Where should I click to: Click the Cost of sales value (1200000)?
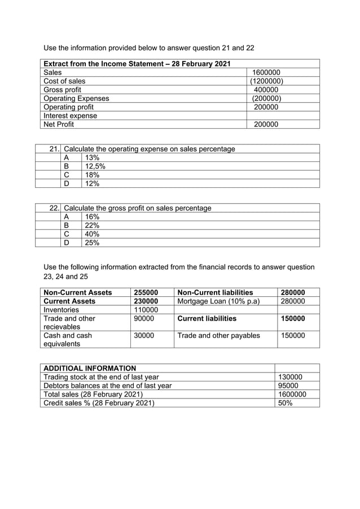(x=266, y=81)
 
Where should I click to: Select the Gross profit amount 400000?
(x=266, y=90)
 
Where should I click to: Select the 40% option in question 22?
(x=92, y=234)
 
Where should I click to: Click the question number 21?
(x=54, y=149)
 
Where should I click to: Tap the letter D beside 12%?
(x=67, y=183)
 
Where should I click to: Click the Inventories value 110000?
(x=146, y=310)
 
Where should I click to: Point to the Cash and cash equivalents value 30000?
(x=143, y=335)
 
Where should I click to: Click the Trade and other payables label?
(x=218, y=335)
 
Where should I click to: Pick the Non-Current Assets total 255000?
(x=146, y=292)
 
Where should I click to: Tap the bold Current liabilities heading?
(x=207, y=318)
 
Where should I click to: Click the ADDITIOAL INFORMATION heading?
(x=90, y=368)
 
